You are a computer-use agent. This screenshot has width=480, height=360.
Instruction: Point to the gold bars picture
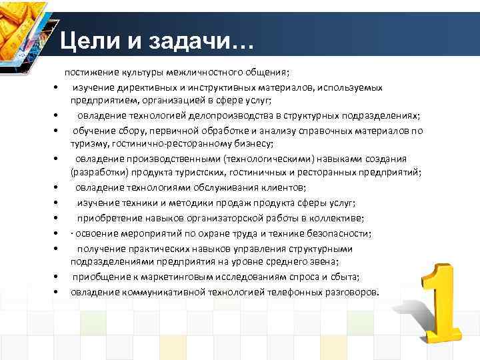click(23, 30)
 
